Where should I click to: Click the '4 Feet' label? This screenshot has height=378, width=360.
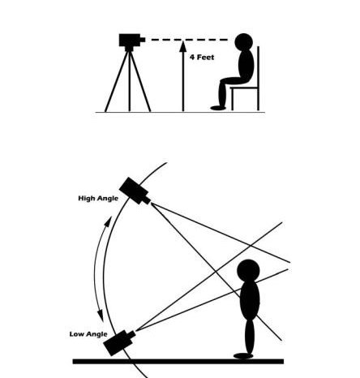tap(202, 58)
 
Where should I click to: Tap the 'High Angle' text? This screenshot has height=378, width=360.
tap(98, 199)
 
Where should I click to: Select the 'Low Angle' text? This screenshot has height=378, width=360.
tap(88, 334)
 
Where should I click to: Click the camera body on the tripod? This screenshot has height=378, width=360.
tap(130, 40)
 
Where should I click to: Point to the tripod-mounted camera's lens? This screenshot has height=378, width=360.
tap(143, 40)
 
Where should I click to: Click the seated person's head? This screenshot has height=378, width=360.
tap(244, 42)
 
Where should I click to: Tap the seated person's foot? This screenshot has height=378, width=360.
tap(218, 108)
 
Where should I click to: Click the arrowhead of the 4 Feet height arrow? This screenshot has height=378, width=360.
tap(183, 46)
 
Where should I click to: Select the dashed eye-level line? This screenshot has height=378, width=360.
tap(189, 40)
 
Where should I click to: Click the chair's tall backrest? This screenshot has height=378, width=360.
tap(259, 79)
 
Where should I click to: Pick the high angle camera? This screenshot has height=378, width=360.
tap(135, 191)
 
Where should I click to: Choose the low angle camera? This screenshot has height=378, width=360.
tap(119, 342)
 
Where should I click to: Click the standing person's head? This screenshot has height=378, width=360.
tap(248, 271)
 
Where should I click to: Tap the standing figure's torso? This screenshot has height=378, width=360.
tap(250, 300)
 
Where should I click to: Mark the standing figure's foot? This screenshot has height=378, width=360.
tap(243, 356)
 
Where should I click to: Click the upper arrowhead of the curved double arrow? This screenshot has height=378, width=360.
tap(109, 221)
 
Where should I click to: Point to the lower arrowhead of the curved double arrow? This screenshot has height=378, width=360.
tap(101, 316)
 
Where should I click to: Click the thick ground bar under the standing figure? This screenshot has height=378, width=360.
tap(178, 362)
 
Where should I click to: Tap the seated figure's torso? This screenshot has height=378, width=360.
tap(246, 66)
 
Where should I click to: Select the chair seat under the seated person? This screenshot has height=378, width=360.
tap(244, 88)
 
